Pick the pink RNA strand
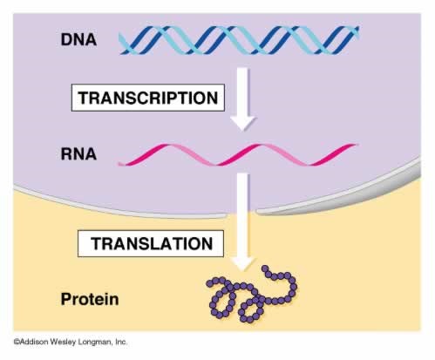click(x=237, y=155)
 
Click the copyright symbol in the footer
click(x=17, y=343)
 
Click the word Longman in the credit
click(x=94, y=343)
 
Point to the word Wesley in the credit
click(x=67, y=343)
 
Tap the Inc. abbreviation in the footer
click(x=120, y=343)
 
